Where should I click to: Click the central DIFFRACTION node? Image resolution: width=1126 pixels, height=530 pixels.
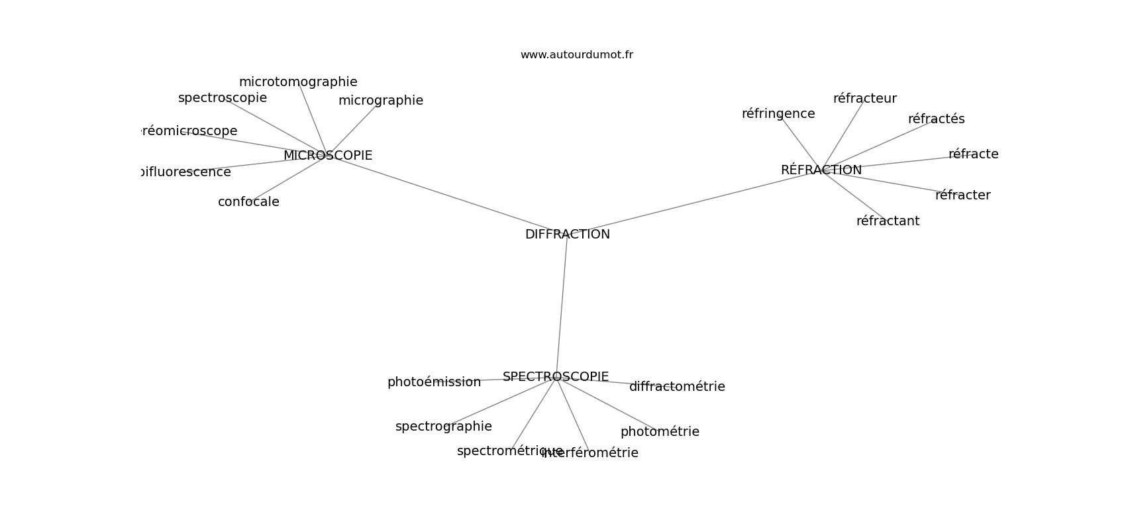point(567,235)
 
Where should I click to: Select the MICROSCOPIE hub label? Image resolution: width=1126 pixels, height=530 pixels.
point(327,156)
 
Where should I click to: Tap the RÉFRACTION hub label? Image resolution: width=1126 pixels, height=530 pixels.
point(821,170)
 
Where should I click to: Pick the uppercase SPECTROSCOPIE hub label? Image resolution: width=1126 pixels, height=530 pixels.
point(555,377)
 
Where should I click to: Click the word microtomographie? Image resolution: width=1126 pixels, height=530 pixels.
point(298,82)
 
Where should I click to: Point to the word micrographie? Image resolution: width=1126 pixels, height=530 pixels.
point(380,101)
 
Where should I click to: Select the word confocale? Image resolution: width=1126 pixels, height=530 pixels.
point(248,202)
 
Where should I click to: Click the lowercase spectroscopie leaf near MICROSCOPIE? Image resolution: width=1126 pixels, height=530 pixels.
point(223,98)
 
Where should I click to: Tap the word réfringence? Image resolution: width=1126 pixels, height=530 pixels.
point(778,114)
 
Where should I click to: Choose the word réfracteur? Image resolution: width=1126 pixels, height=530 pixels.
point(864,99)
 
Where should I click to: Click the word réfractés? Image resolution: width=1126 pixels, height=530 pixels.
point(936,119)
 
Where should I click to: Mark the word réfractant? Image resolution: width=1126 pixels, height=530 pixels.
point(888,221)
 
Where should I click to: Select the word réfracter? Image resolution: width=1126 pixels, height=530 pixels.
point(962,195)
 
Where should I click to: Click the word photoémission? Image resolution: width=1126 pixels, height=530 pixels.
point(434,382)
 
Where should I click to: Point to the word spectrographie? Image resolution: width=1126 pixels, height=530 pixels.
point(443,427)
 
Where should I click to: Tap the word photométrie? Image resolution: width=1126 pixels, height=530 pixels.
point(660,432)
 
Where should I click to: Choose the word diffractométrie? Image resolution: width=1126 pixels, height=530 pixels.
point(677,387)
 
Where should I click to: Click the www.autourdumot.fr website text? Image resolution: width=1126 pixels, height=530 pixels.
point(576,55)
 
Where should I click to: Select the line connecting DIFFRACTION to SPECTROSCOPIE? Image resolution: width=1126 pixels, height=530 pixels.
point(562,305)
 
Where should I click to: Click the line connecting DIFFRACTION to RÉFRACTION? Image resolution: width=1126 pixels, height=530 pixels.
point(695,202)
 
